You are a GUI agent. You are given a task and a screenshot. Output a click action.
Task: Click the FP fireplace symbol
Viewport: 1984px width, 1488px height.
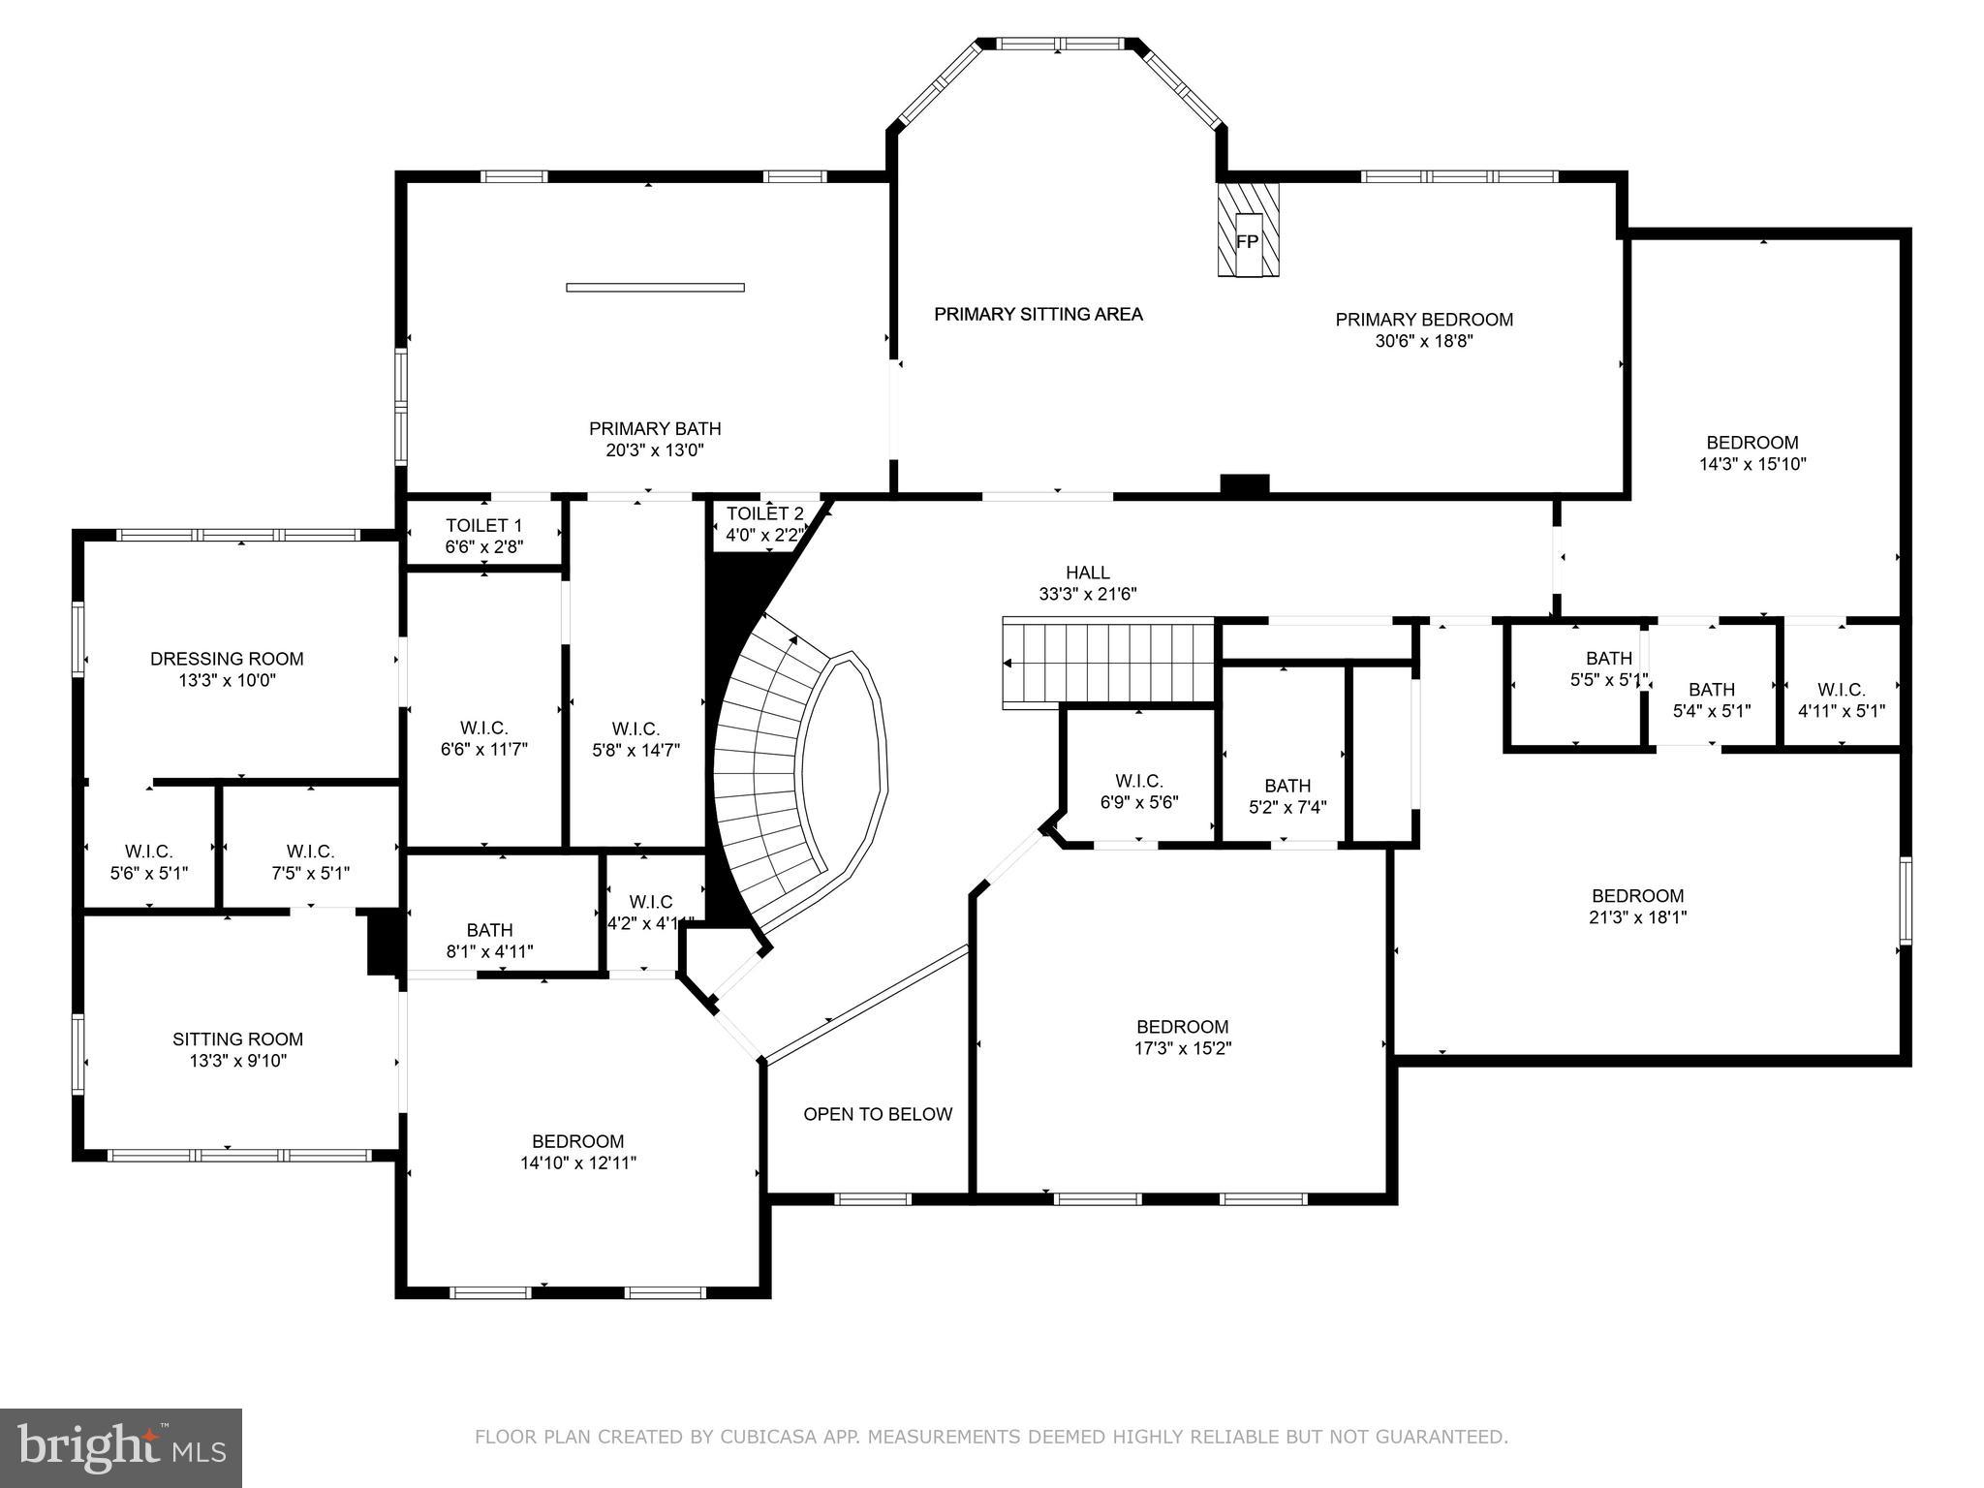coord(1248,241)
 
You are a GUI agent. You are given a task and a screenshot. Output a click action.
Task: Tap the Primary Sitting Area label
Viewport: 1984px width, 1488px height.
coord(1038,314)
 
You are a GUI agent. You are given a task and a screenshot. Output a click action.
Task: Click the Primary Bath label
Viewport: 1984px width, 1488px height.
coord(655,428)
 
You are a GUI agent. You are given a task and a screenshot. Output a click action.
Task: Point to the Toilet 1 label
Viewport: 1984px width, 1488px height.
coord(483,525)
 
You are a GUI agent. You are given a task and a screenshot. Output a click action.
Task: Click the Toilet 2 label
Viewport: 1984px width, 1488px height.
coord(764,513)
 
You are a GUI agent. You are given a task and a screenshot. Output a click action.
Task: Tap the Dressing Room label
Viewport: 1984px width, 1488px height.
coord(227,659)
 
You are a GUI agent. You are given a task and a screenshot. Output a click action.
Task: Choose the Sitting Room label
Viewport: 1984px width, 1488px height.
coord(237,1039)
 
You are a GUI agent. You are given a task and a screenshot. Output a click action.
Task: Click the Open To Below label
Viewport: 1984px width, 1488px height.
coord(878,1114)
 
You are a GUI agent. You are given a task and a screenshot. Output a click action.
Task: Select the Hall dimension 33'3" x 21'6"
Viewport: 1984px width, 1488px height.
coord(1087,594)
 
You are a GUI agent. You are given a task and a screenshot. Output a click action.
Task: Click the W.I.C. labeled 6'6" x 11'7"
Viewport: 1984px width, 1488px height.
coord(483,738)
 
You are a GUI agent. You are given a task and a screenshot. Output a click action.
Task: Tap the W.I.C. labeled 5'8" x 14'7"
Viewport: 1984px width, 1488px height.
coord(635,738)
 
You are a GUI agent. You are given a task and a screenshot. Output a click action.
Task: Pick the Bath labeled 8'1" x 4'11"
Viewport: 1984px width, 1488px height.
coord(489,941)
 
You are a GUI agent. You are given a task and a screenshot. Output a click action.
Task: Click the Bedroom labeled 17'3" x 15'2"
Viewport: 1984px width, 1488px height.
coord(1182,1037)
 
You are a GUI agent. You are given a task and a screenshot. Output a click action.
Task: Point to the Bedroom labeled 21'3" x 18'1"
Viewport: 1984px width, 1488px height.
coord(1637,906)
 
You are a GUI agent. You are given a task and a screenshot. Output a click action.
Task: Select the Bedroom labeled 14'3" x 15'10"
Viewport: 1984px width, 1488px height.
coord(1751,453)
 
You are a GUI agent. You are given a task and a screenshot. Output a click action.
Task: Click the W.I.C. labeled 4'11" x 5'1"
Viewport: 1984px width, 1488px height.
coord(1841,699)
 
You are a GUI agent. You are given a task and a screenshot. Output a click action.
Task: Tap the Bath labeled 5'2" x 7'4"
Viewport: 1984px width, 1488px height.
coord(1286,795)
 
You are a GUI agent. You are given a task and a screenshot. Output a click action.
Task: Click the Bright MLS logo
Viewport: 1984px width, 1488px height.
coord(121,1447)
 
